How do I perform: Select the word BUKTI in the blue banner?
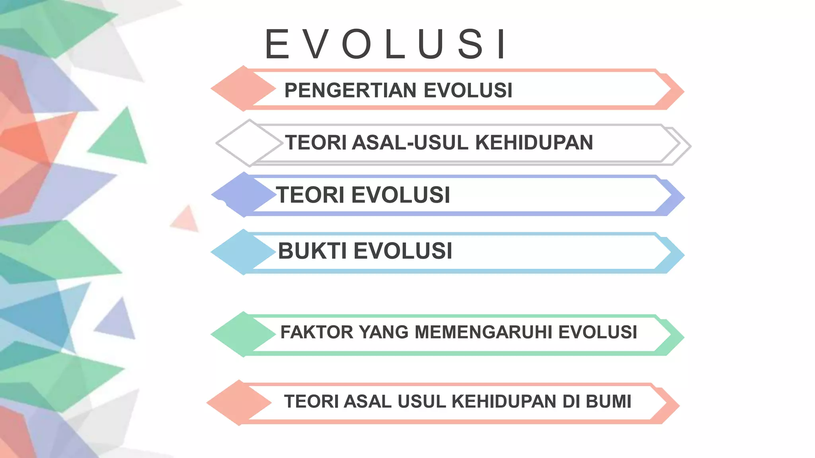point(312,251)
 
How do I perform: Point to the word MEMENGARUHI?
point(484,332)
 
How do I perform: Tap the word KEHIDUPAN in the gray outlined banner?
point(534,143)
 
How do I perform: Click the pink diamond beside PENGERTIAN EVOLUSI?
point(243,88)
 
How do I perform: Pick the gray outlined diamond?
point(249,143)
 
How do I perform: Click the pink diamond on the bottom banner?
point(239,403)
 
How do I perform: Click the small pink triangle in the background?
point(186,220)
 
